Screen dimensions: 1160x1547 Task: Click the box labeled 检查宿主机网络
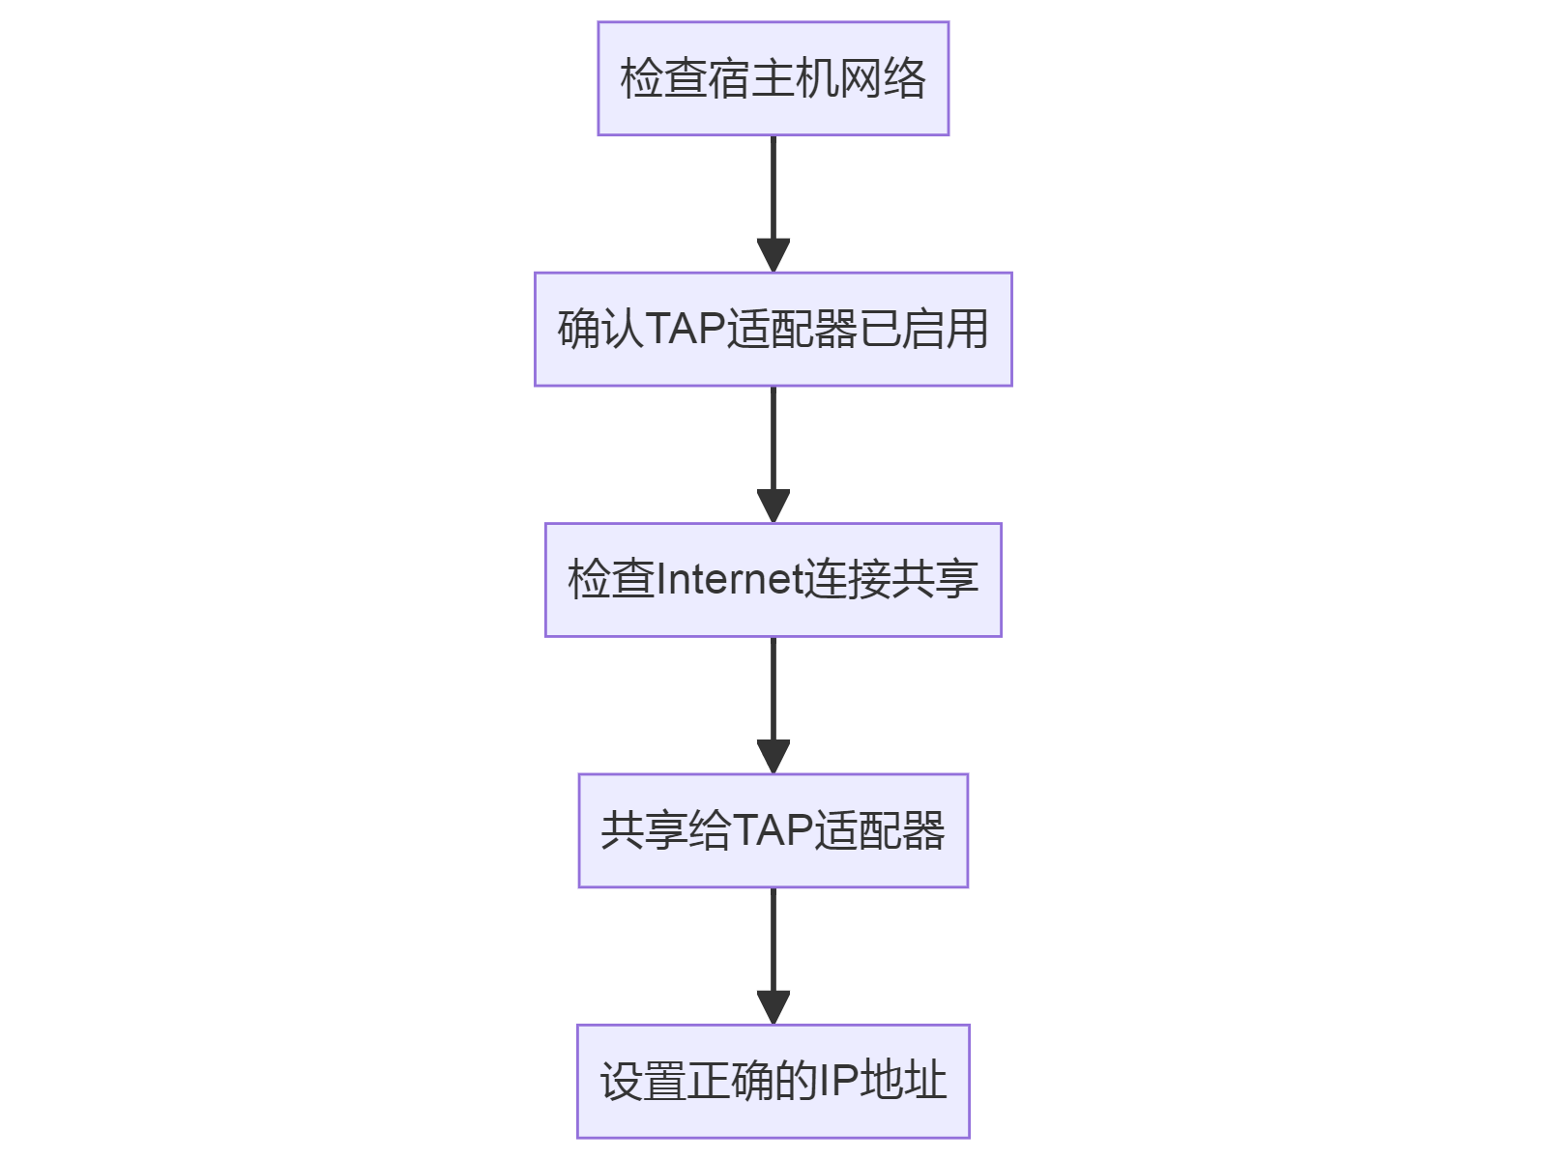tap(773, 78)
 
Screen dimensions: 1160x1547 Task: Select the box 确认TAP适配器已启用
tap(773, 329)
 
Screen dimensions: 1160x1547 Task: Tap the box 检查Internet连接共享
tap(773, 580)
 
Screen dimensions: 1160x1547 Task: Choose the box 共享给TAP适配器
tap(773, 830)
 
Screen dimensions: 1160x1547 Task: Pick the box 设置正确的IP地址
tap(773, 1081)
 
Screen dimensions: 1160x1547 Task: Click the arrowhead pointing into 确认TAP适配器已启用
tap(773, 256)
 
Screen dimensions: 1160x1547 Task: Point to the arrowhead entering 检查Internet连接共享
tap(773, 507)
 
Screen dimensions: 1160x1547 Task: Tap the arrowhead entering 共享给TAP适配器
tap(773, 757)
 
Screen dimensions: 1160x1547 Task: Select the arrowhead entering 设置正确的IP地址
tap(773, 1008)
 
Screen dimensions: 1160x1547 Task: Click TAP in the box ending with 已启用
tap(686, 329)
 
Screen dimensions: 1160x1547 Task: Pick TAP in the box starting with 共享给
tap(773, 830)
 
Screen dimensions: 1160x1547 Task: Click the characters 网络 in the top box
tap(883, 78)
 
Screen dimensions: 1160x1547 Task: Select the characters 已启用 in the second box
tap(924, 329)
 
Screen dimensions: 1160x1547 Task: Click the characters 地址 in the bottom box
tap(903, 1081)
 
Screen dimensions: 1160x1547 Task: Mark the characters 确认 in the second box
tap(600, 329)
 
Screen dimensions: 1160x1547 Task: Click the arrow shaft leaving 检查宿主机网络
tap(773, 188)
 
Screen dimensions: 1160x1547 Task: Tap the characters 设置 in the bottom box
tap(643, 1081)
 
